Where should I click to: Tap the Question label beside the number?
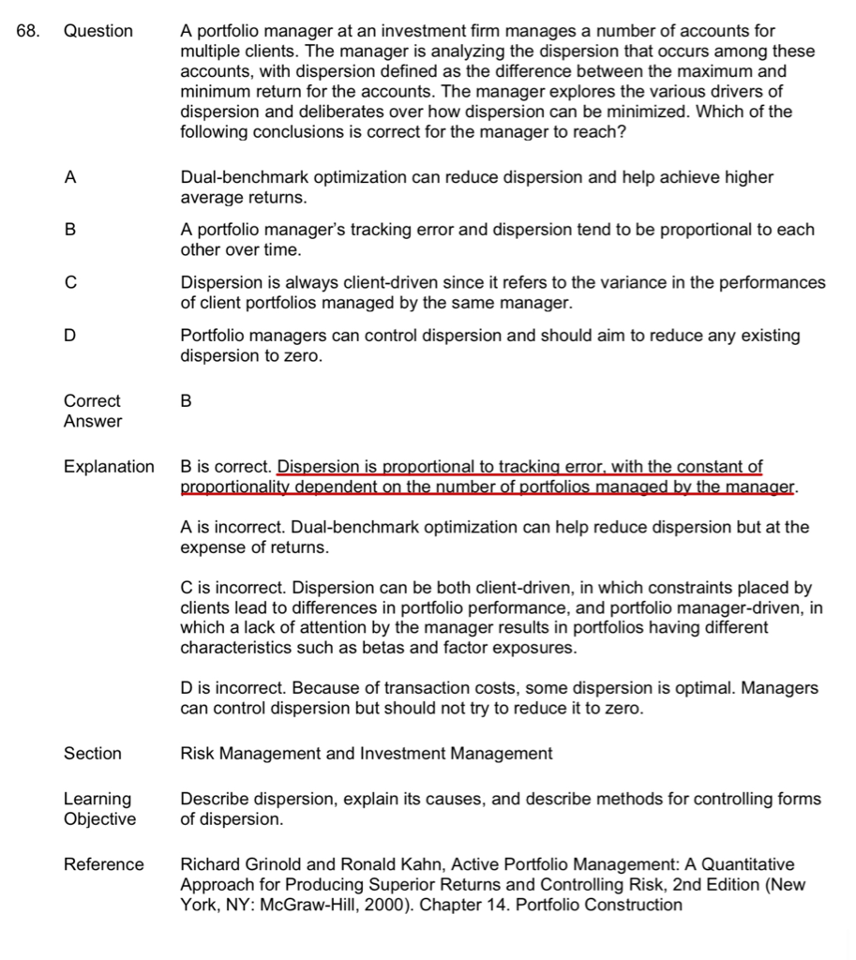[x=98, y=31]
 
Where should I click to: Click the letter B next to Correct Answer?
[x=186, y=400]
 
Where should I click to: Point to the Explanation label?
[x=109, y=466]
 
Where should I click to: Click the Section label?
[x=93, y=753]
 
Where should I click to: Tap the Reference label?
[x=104, y=864]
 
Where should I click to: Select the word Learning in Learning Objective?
[x=98, y=799]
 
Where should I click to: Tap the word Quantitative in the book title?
[x=744, y=864]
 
